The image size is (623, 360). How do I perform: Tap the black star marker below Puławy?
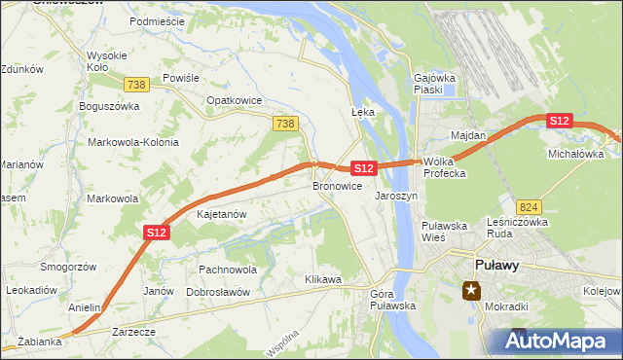tap(472, 290)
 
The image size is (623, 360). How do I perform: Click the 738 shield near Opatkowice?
tap(284, 123)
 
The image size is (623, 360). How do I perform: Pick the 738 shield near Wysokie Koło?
tap(137, 85)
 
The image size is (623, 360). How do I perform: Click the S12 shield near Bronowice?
tap(363, 168)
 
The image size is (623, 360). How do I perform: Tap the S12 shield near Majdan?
tap(559, 120)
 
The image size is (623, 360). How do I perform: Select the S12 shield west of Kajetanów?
tap(158, 232)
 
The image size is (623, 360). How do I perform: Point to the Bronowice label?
tap(338, 185)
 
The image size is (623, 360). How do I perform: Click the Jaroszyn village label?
tap(396, 196)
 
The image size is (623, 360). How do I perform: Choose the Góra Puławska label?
tap(393, 299)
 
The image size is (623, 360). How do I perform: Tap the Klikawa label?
tap(323, 279)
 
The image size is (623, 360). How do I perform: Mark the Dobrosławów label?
tap(218, 292)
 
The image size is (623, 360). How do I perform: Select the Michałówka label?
tap(575, 154)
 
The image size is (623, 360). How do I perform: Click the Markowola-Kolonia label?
tap(133, 142)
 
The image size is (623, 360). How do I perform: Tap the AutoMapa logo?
tap(558, 341)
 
